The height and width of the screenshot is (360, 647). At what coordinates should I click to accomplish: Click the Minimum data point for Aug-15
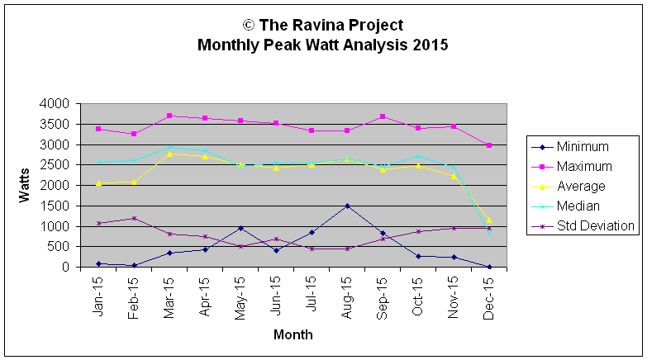tap(348, 206)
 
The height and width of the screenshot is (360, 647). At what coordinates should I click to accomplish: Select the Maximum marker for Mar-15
tap(169, 116)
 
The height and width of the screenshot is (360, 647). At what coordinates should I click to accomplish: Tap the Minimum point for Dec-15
tap(490, 267)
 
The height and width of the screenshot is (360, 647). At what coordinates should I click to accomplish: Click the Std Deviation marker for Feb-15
tap(134, 218)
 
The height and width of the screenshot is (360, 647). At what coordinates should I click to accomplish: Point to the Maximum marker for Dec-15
tap(490, 145)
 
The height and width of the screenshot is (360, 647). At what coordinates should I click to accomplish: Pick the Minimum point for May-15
tap(240, 228)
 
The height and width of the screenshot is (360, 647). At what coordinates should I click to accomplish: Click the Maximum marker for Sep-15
tap(383, 116)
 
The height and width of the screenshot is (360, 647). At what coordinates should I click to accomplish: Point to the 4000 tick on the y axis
tap(58, 104)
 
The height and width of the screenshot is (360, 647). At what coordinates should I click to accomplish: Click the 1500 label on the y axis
tap(58, 206)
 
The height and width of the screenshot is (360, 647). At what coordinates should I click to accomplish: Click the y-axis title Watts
tap(24, 185)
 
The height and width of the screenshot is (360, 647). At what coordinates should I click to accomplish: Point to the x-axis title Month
tap(293, 334)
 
